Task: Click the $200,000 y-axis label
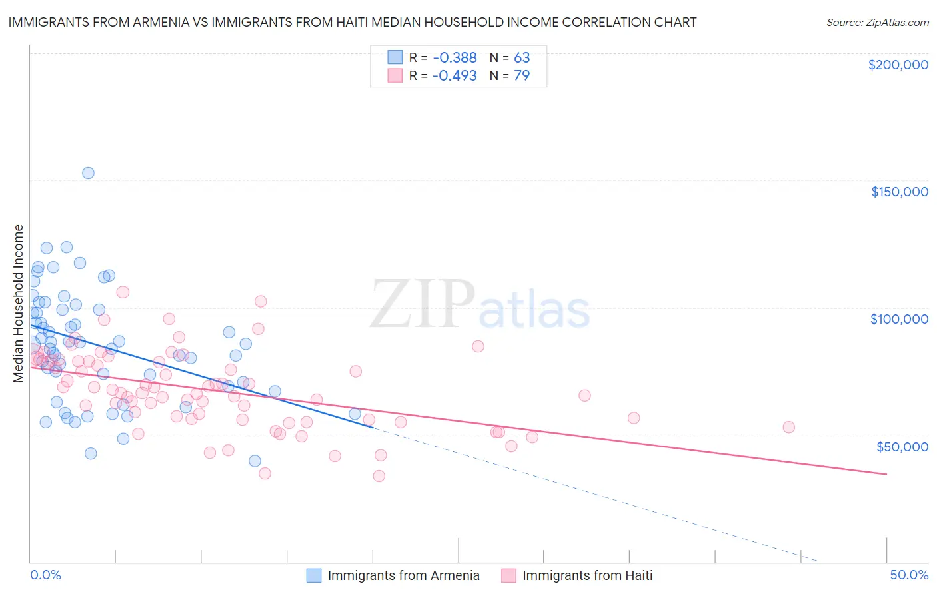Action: click(x=898, y=65)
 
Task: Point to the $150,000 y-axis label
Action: click(x=899, y=192)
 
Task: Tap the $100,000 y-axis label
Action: click(x=899, y=319)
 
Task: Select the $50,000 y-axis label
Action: click(x=902, y=446)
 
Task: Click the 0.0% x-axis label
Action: click(x=45, y=575)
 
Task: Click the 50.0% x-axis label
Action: click(x=909, y=575)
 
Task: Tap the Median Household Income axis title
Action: click(x=19, y=304)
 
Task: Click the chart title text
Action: click(x=352, y=22)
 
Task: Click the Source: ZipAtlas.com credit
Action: click(x=877, y=22)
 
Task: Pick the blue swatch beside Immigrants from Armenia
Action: click(x=314, y=575)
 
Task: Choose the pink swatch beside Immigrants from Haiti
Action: click(x=509, y=575)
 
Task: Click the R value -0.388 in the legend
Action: click(x=455, y=57)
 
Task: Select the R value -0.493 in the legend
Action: click(x=455, y=75)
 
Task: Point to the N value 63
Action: click(x=522, y=57)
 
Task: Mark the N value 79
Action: click(x=522, y=75)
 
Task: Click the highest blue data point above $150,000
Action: click(x=88, y=173)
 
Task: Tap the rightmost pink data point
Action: click(x=788, y=427)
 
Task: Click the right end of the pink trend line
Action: click(x=886, y=474)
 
